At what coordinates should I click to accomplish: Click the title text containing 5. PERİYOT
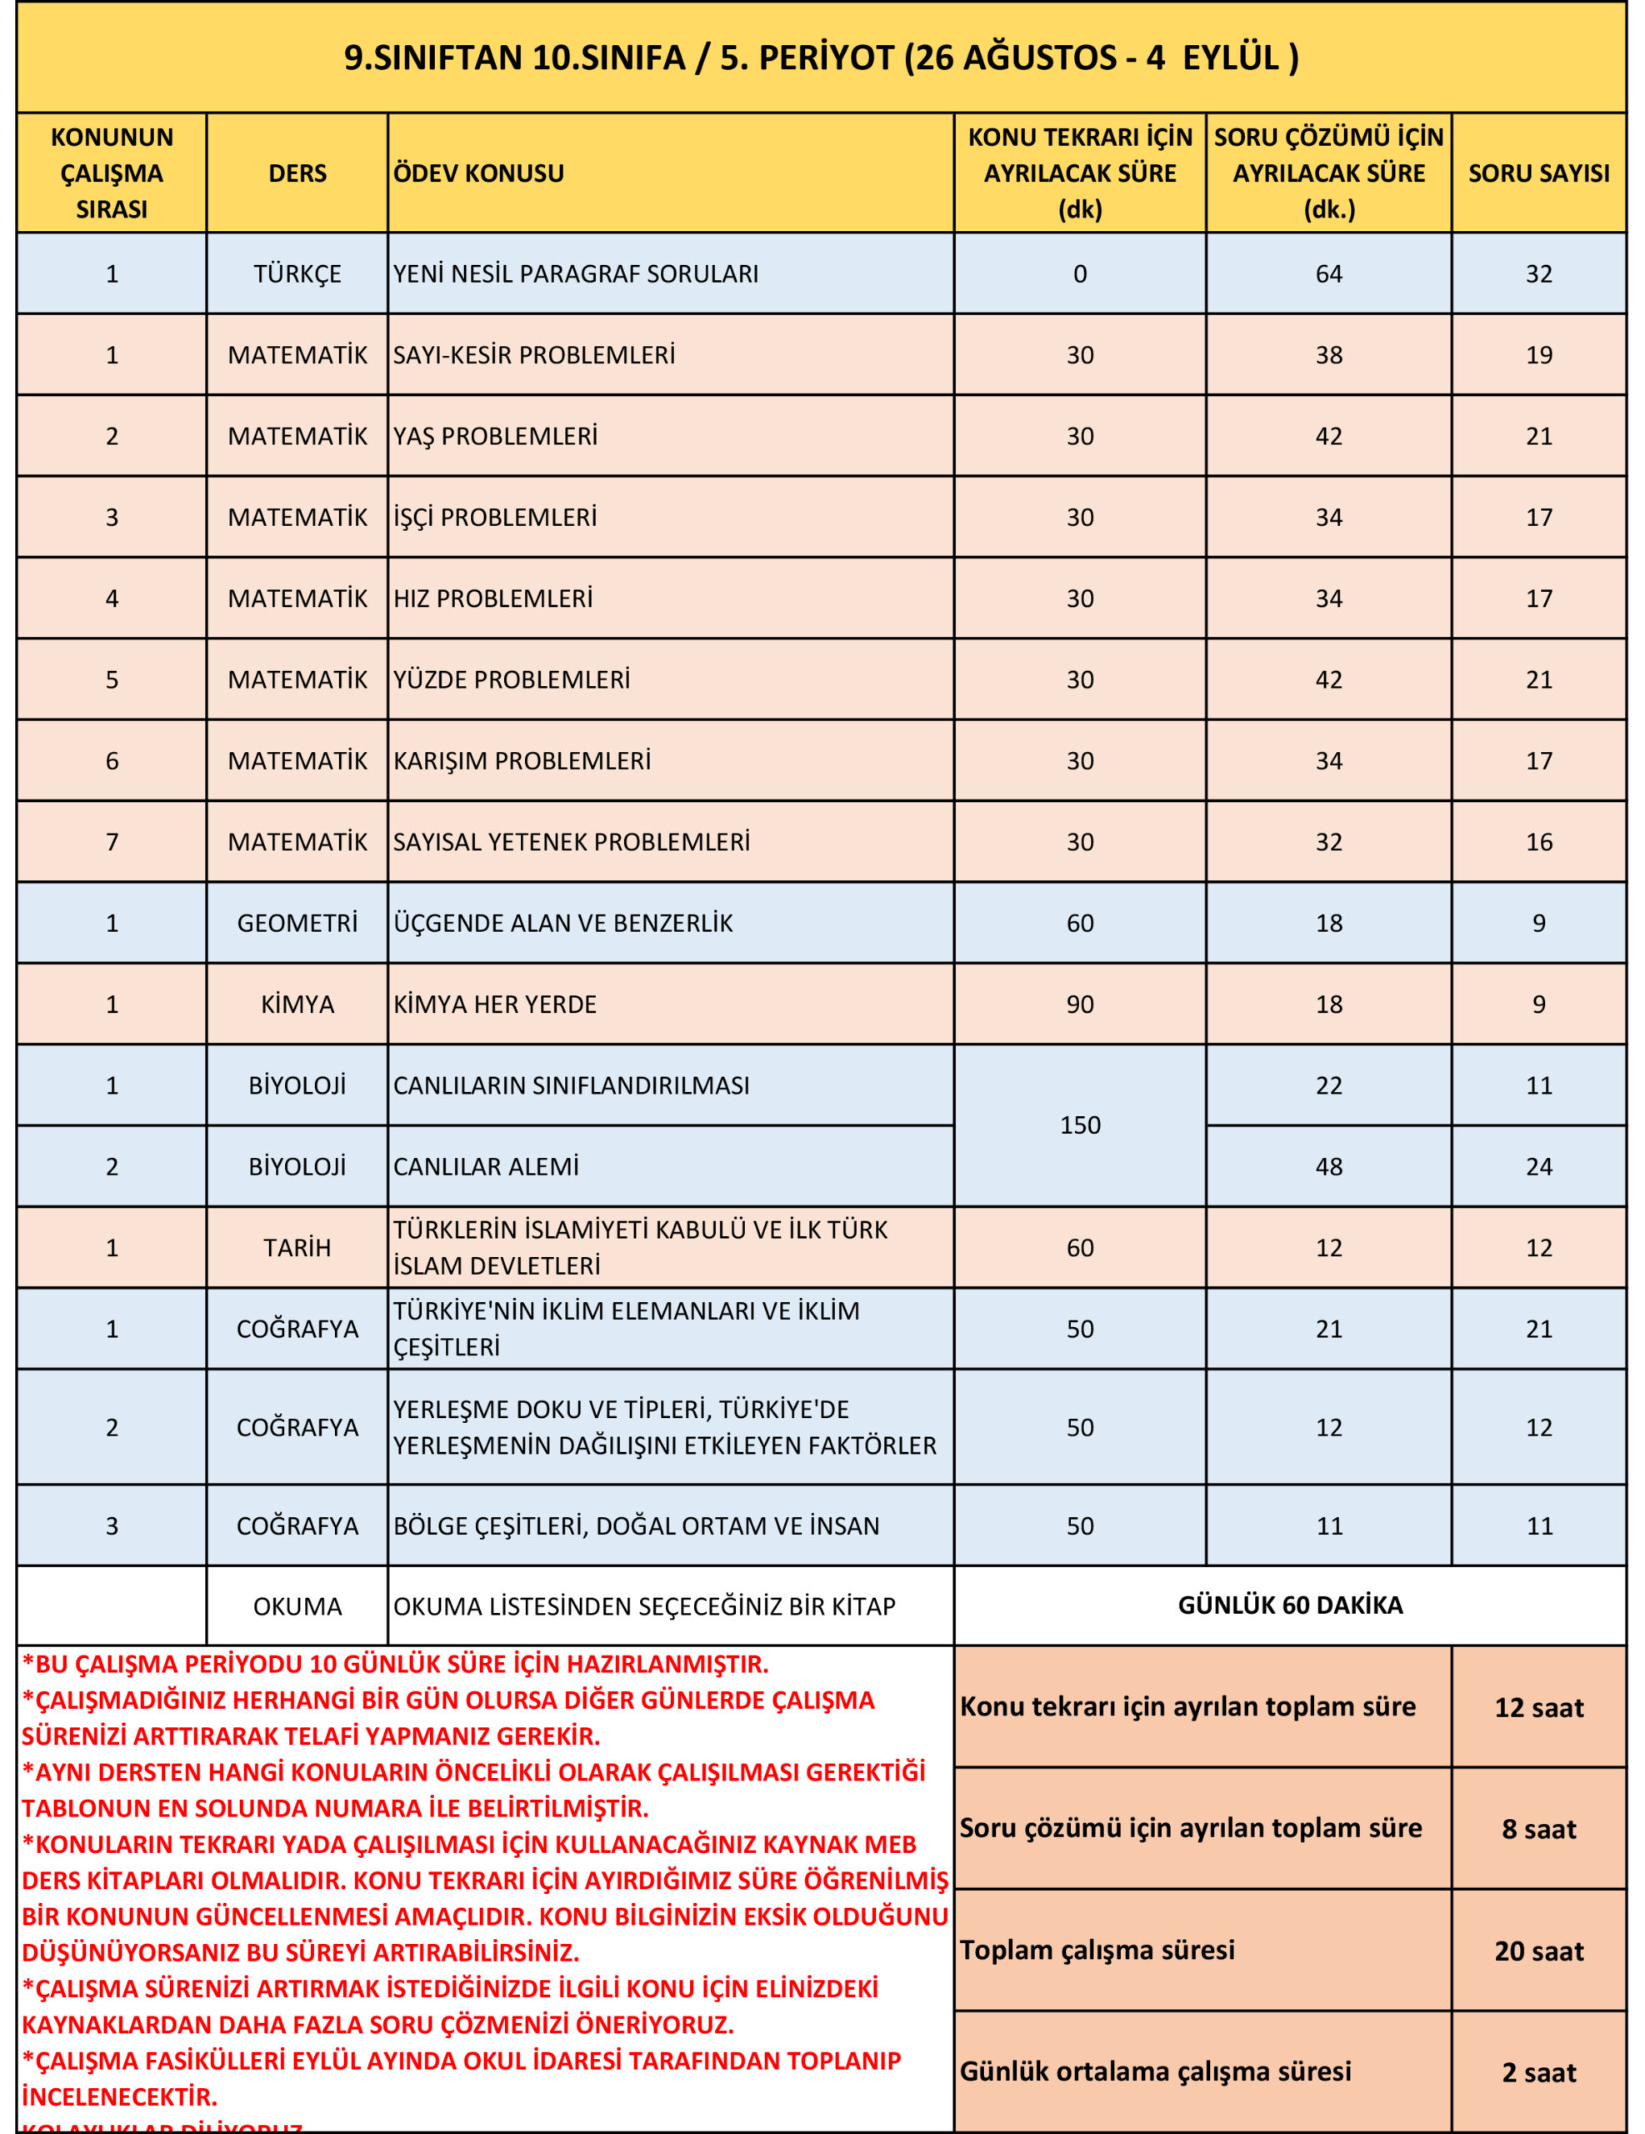pyautogui.click(x=821, y=58)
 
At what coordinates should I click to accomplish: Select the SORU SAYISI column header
pyautogui.click(x=1538, y=173)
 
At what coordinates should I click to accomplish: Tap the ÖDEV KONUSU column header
pyautogui.click(x=478, y=173)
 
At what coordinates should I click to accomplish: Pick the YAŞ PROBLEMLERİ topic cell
pyautogui.click(x=495, y=436)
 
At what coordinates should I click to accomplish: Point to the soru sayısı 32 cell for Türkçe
pyautogui.click(x=1538, y=273)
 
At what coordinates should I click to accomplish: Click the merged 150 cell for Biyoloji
pyautogui.click(x=1079, y=1125)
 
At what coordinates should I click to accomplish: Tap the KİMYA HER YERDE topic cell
pyautogui.click(x=494, y=1004)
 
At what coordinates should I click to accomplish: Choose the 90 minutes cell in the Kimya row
pyautogui.click(x=1079, y=1004)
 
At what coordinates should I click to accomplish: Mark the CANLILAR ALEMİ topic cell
pyautogui.click(x=486, y=1165)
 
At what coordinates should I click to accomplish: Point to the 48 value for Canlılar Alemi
pyautogui.click(x=1328, y=1165)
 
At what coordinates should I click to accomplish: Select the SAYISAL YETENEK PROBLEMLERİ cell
pyautogui.click(x=572, y=841)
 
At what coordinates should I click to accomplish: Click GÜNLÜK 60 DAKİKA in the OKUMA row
pyautogui.click(x=1289, y=1605)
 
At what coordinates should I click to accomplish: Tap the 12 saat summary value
pyautogui.click(x=1538, y=1707)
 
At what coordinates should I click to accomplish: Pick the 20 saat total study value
pyautogui.click(x=1538, y=1951)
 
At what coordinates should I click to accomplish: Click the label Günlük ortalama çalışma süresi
pyautogui.click(x=1155, y=2071)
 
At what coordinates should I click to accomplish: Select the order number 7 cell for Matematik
pyautogui.click(x=112, y=841)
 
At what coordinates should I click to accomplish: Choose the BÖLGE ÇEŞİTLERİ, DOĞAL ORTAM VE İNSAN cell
pyautogui.click(x=636, y=1525)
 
